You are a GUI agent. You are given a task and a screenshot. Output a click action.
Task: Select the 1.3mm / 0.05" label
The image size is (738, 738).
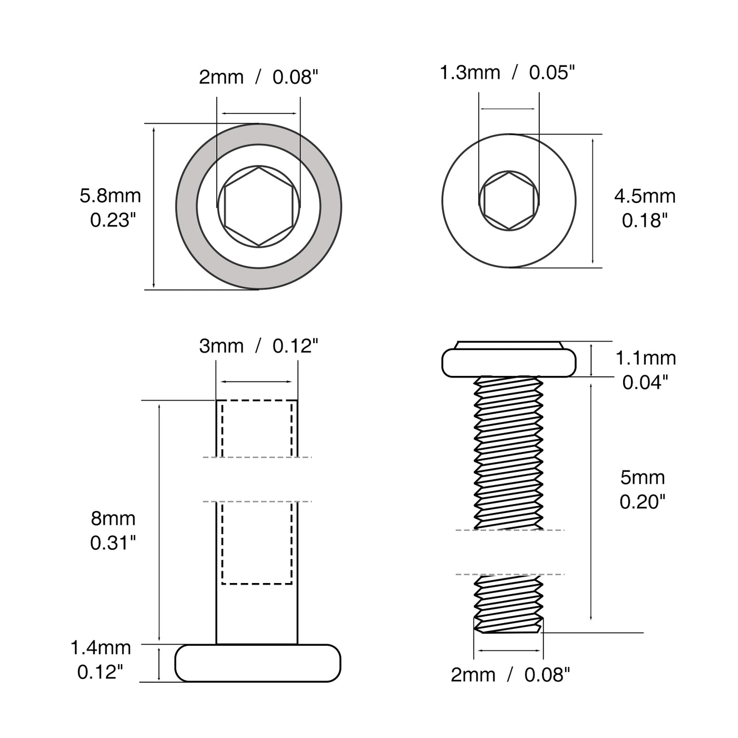[x=507, y=72]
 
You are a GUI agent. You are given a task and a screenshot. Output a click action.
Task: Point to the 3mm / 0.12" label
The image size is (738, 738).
[x=258, y=346]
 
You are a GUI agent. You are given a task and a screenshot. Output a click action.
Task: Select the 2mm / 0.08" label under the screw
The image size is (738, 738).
[x=510, y=675]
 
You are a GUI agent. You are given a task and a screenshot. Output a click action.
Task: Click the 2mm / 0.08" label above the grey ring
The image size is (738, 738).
[x=258, y=77]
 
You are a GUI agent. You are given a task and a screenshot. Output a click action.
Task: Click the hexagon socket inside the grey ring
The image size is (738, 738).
[x=258, y=206]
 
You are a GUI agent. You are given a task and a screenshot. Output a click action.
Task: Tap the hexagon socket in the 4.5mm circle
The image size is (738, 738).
[x=509, y=200]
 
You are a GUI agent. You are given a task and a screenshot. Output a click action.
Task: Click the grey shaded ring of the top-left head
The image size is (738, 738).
[x=187, y=206]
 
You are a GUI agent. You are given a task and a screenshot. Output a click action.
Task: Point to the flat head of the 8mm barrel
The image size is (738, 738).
[x=258, y=663]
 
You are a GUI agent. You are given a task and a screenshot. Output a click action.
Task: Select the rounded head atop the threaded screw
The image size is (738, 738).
[x=509, y=363]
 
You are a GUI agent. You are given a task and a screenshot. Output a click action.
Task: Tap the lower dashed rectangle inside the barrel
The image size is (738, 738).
[x=257, y=543]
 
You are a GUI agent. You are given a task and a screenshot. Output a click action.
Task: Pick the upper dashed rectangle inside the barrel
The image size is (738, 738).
[x=257, y=428]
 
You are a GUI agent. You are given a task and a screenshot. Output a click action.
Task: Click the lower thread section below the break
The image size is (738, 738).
[x=508, y=598]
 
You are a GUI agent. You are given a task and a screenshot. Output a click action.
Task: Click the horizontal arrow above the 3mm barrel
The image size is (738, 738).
[x=257, y=382]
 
